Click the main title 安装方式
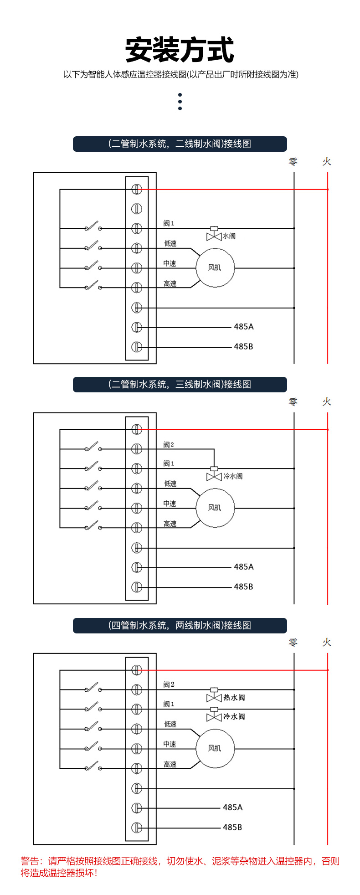pyautogui.click(x=180, y=50)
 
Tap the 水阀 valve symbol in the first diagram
pyautogui.click(x=214, y=233)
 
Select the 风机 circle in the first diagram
pyautogui.click(x=215, y=267)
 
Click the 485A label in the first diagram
pyautogui.click(x=243, y=327)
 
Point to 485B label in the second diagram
pyautogui.click(x=243, y=587)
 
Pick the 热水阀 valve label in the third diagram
pyautogui.click(x=234, y=698)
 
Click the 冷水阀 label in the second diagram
pyautogui.click(x=233, y=476)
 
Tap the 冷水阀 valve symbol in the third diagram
pyautogui.click(x=214, y=714)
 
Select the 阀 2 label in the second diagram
pyautogui.click(x=169, y=445)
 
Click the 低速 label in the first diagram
pyautogui.click(x=170, y=244)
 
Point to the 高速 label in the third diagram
pyautogui.click(x=170, y=765)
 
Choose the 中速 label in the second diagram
pyautogui.click(x=170, y=504)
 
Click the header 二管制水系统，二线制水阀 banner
pyautogui.click(x=180, y=144)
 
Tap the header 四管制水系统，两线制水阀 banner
pyautogui.click(x=180, y=626)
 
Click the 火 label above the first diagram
pyautogui.click(x=327, y=162)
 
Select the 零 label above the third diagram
pyautogui.click(x=293, y=643)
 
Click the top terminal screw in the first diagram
pyautogui.click(x=137, y=189)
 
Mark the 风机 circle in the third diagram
pyautogui.click(x=215, y=748)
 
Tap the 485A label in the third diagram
pyautogui.click(x=232, y=808)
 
